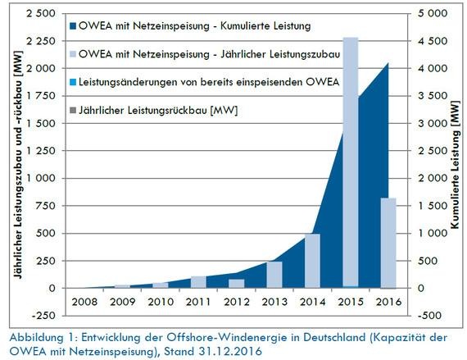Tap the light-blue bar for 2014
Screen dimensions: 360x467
point(312,261)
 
